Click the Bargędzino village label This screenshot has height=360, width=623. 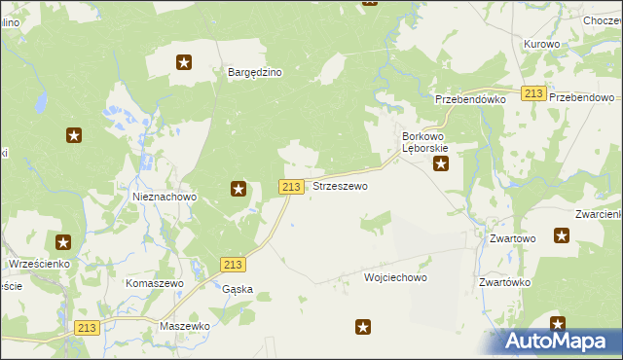[x=254, y=72]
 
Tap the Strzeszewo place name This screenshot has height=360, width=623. [x=340, y=186]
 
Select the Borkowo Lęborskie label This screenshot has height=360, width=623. [x=425, y=142]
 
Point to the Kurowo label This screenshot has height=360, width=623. [x=541, y=45]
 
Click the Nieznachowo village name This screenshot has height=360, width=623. [x=165, y=197]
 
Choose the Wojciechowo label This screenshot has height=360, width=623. [x=395, y=277]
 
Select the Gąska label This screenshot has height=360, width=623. [x=238, y=289]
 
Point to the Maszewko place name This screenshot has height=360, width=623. [x=185, y=326]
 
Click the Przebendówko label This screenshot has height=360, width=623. [x=471, y=99]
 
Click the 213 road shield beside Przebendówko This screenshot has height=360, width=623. [x=532, y=93]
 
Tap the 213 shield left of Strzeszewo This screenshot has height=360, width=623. [x=291, y=186]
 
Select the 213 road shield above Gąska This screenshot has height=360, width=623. [x=233, y=265]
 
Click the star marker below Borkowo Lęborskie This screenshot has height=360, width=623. [x=441, y=164]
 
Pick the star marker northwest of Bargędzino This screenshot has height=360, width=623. [x=184, y=63]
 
